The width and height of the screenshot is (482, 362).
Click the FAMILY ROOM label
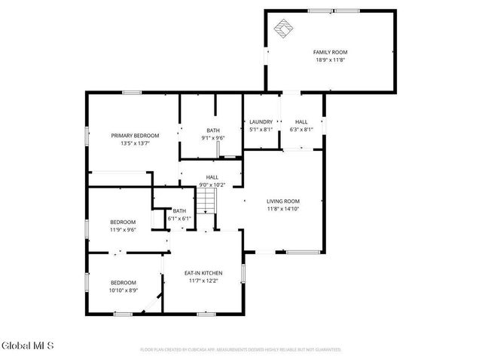coord(330,52)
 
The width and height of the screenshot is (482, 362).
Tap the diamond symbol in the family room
coord(282,28)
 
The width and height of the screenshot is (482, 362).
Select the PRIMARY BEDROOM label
coord(136,136)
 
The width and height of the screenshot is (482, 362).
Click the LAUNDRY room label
coord(261,121)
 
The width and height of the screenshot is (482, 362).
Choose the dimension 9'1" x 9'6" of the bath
coord(213,138)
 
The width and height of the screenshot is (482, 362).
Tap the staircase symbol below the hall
coord(207,201)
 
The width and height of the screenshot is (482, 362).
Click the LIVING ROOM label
coord(283,201)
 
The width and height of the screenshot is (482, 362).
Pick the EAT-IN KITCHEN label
coord(203,273)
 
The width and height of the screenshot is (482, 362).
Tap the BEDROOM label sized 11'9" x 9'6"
coord(123,222)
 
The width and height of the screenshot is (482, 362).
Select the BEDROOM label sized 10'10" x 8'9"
coord(123,282)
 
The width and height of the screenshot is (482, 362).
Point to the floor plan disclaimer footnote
coord(241,350)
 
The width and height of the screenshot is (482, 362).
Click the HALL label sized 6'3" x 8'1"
coord(301,121)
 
